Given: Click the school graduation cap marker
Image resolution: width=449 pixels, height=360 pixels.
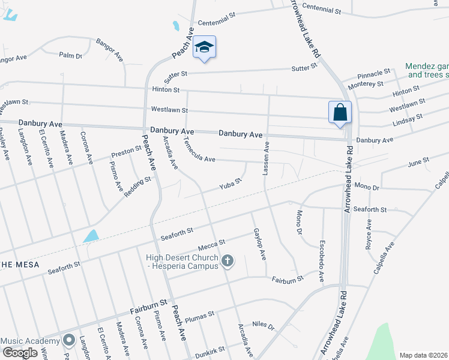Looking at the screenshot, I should coord(204,47).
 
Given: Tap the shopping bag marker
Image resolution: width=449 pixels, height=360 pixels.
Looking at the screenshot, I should coord(340,112).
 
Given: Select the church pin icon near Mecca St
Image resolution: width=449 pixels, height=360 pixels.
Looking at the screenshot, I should coord(227,261).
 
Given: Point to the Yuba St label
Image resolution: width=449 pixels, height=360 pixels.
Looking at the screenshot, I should coord(230,182).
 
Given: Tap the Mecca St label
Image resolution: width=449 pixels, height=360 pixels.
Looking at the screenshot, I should coord(212,245).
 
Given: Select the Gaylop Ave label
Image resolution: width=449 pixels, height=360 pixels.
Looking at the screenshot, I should coord(259,244).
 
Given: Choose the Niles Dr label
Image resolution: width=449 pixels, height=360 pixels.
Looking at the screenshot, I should coord(263,326).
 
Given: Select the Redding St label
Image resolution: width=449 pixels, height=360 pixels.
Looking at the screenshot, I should coord(137,187).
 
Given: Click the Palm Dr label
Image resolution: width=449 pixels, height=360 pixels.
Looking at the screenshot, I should coord(70,55).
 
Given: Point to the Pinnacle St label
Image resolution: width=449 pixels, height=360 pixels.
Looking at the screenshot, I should coord(374,75).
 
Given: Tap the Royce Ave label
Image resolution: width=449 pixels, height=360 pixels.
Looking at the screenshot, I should coord(369,234).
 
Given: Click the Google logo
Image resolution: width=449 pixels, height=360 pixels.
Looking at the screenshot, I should coord(20,353).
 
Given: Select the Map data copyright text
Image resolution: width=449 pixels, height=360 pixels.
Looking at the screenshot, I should coord(423,355).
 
